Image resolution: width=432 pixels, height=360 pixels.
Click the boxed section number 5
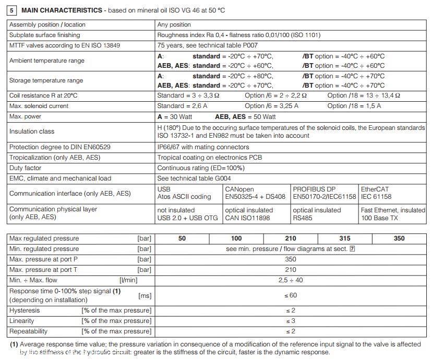point(13,10)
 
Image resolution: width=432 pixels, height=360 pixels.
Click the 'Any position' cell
point(174,25)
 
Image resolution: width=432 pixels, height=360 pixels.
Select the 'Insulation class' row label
point(32,131)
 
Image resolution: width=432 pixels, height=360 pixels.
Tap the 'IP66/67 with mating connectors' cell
point(203,147)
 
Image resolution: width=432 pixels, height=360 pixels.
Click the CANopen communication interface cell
point(255,193)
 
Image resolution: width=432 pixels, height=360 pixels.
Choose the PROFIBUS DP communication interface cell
point(324,193)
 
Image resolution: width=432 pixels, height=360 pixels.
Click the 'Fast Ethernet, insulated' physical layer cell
point(393,214)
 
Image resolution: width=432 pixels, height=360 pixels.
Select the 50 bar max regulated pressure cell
point(182,238)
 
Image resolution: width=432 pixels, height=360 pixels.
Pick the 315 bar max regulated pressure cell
point(344,238)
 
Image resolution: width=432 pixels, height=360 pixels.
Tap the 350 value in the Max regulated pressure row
point(399,238)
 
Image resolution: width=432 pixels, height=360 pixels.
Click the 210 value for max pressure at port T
point(291,270)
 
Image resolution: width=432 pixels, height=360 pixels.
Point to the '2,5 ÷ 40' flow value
point(291,280)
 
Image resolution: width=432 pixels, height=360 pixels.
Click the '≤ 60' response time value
point(291,295)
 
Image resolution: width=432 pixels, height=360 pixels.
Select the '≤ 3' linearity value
point(291,321)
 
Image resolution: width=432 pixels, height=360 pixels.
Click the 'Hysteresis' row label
point(25,310)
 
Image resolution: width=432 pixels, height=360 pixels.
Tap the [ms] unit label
point(145,296)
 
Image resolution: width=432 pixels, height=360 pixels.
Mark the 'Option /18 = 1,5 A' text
point(354,106)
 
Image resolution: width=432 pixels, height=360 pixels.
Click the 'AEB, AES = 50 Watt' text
point(245,116)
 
